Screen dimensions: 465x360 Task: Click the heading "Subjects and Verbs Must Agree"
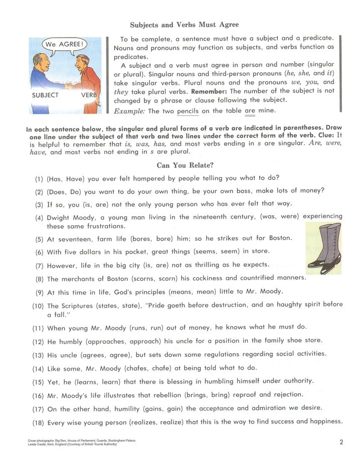coord(184,25)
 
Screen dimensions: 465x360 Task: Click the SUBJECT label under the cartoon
coord(45,95)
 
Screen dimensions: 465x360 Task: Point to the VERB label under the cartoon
coord(89,95)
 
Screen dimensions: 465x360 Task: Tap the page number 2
coord(341,442)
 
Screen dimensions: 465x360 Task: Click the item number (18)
coord(38,422)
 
